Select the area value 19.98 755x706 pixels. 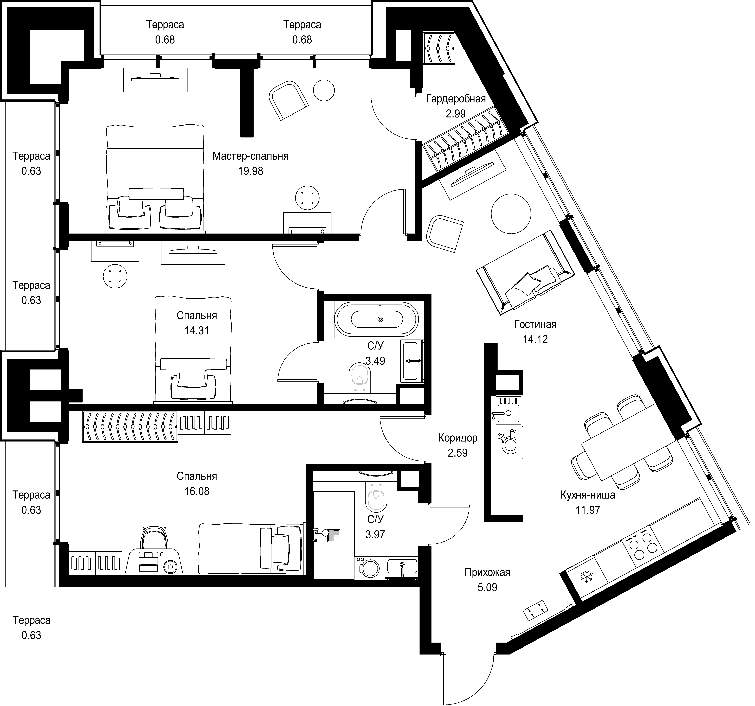[x=252, y=172]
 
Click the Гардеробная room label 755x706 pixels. [x=458, y=100]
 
